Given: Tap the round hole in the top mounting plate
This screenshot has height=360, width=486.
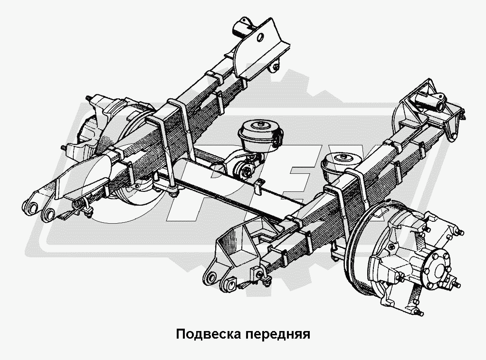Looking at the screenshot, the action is tap(260, 38).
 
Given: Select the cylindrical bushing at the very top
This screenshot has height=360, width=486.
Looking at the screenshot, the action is tap(242, 28).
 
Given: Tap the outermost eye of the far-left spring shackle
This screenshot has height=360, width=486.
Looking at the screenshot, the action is tap(30, 207).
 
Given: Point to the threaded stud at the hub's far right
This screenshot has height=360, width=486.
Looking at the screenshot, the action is tap(456, 284).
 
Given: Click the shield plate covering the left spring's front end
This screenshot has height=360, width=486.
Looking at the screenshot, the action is tap(84, 177).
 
